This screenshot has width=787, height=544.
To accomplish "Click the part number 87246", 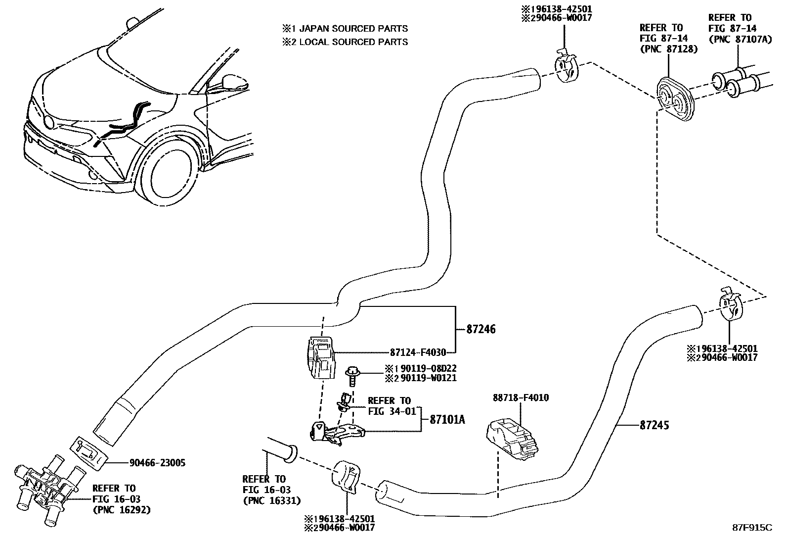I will coord(481,329).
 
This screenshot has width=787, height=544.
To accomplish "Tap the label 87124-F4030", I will coord(418,353).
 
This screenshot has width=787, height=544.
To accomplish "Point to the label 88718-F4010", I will coord(521,397).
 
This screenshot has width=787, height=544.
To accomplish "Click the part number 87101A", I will coord(447,420).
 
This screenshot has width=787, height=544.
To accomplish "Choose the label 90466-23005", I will coord(157,463).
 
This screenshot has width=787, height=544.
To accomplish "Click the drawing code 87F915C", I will coord(751,528).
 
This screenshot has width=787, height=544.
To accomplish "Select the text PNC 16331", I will coord(271,500).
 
